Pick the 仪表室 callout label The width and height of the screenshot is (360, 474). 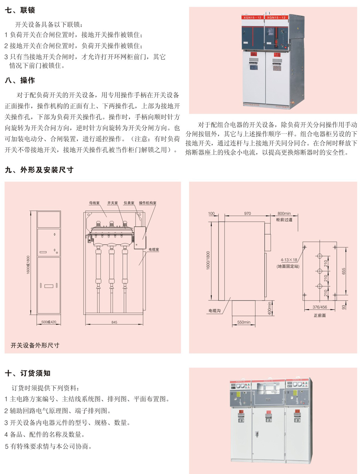(129, 203)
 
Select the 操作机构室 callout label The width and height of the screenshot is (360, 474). (148, 203)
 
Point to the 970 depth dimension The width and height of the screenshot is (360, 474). (247, 214)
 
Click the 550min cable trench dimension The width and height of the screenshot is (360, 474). (244, 322)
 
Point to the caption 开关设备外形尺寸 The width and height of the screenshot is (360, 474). (35, 345)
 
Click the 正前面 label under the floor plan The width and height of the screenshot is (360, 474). (320, 315)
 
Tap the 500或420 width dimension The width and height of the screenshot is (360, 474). (49, 322)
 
